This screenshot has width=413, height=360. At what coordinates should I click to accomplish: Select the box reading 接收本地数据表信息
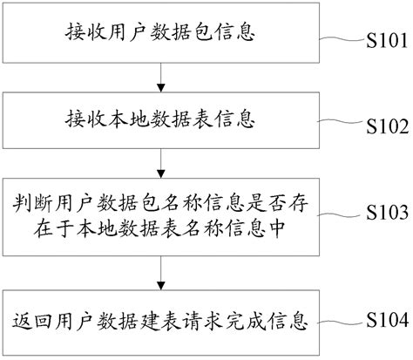click(x=160, y=117)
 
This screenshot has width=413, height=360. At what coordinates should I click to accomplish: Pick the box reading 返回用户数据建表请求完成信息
click(x=160, y=322)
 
